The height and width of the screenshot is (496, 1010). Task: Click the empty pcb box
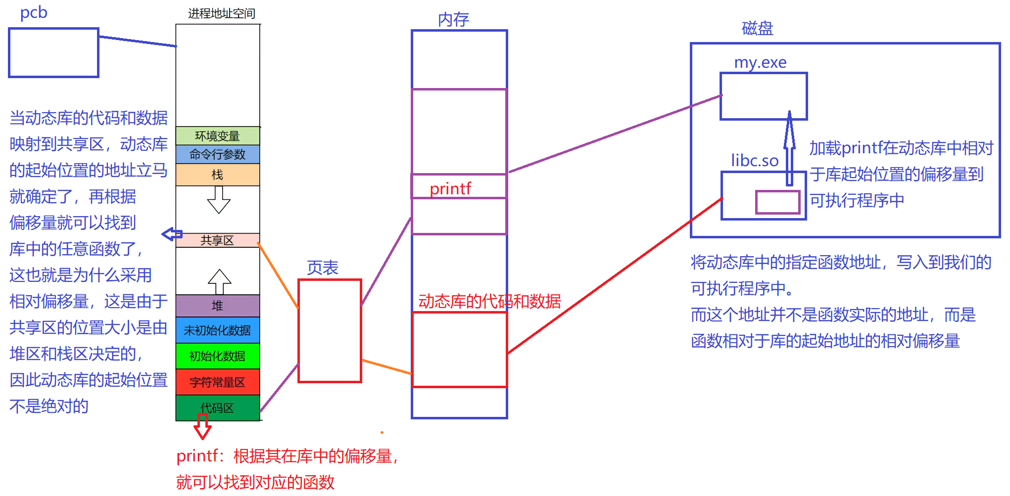pos(53,52)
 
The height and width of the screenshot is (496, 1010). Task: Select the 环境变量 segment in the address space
pos(217,136)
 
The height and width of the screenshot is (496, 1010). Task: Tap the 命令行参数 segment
pos(217,154)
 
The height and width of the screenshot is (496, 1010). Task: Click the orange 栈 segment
pos(217,175)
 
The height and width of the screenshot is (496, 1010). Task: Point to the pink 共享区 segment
pos(217,240)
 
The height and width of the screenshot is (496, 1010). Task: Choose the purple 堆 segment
pos(217,306)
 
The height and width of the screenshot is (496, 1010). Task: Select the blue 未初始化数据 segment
pos(217,330)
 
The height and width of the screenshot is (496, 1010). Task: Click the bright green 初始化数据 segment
pos(217,356)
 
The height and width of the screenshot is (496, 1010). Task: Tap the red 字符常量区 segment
pos(217,382)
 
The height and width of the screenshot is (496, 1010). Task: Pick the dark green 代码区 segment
pos(217,408)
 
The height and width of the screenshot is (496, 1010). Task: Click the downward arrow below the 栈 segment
pos(219,200)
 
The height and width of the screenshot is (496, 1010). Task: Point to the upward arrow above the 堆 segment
pos(219,282)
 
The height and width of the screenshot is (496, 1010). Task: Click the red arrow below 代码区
pos(202,427)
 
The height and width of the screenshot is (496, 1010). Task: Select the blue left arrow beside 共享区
pos(172,234)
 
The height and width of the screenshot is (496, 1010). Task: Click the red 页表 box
pos(330,331)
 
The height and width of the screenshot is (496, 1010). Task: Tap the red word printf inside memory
pos(450,188)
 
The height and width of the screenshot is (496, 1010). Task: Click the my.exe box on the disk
pos(763,96)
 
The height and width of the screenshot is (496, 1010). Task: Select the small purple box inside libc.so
pos(777,202)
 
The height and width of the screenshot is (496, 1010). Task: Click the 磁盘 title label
pos(757,28)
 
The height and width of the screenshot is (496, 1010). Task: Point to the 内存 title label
pos(453,20)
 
